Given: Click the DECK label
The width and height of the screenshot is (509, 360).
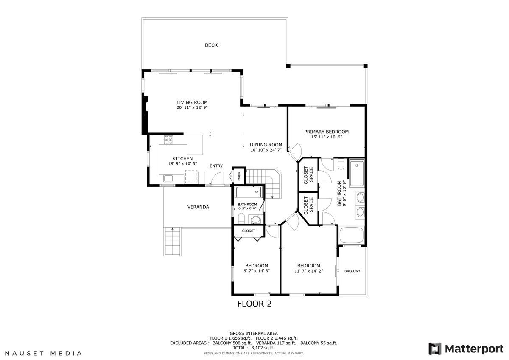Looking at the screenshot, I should (x=211, y=45).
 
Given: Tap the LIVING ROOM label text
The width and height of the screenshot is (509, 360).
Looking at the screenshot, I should (x=192, y=102).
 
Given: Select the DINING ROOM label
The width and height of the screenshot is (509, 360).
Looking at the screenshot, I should (x=266, y=145).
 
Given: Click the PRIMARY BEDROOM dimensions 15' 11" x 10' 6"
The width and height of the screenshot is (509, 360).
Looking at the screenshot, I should (x=326, y=137).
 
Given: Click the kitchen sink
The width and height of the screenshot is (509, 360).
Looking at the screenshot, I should (x=168, y=178).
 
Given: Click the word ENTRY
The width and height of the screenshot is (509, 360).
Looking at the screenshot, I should (x=216, y=166).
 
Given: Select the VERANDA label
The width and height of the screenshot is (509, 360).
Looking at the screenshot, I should (x=198, y=207).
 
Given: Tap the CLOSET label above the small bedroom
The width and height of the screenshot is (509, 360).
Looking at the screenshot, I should (x=249, y=231).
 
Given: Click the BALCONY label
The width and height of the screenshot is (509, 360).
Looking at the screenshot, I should (x=352, y=271).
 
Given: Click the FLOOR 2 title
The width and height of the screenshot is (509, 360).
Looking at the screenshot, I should (x=254, y=304).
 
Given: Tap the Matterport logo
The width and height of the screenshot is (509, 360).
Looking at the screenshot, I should (x=466, y=349).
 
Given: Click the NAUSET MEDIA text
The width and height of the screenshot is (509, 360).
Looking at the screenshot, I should (x=43, y=353).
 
